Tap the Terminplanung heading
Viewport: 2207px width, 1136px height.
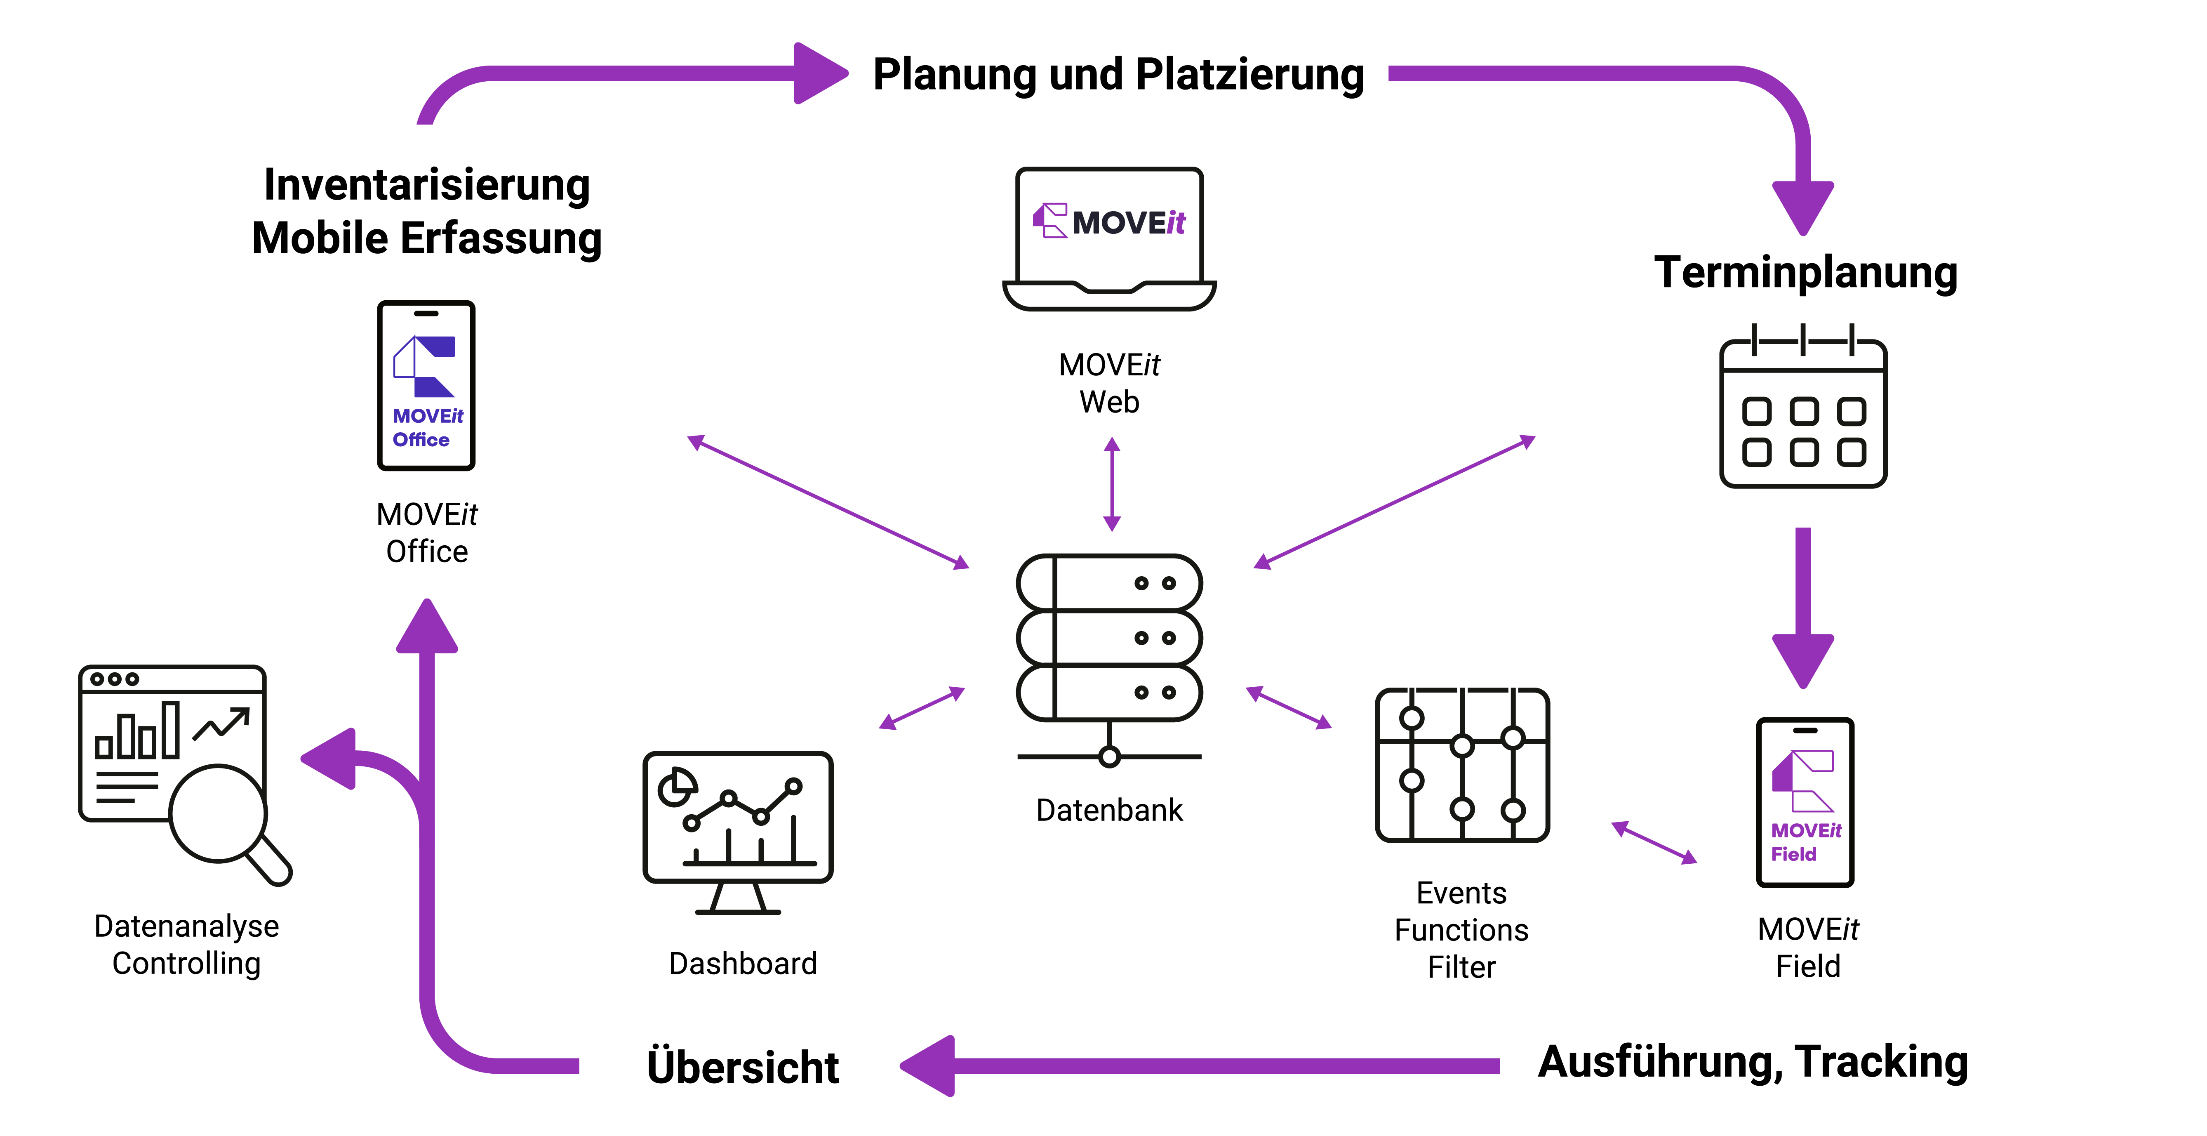tap(1805, 273)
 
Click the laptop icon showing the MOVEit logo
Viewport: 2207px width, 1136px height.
tap(1110, 238)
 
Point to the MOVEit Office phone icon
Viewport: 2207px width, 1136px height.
tap(426, 386)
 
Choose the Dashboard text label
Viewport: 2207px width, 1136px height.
tap(743, 964)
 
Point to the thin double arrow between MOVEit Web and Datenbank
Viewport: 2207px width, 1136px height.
tap(1112, 484)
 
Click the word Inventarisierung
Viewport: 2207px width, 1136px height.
tap(427, 185)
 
